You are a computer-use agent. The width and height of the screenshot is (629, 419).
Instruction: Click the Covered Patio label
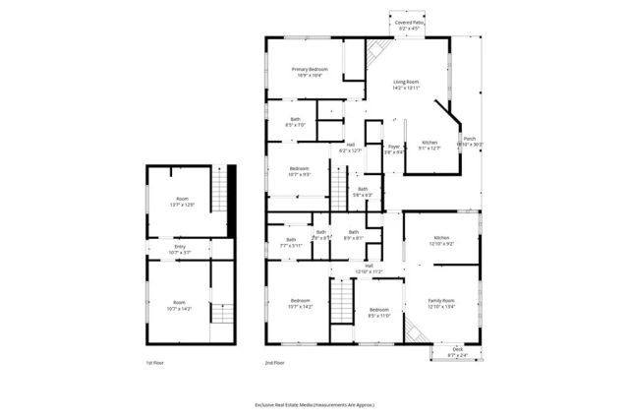(409, 25)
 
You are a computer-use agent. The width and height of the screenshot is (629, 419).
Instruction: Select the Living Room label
(406, 84)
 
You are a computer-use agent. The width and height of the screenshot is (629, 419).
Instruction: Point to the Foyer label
(393, 150)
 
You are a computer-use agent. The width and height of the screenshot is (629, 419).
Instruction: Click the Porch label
(470, 141)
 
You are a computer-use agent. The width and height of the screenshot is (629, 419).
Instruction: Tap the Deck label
(457, 352)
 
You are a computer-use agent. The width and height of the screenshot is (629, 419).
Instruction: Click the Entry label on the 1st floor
(180, 250)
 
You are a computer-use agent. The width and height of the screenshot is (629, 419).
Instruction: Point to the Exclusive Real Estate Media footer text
(314, 404)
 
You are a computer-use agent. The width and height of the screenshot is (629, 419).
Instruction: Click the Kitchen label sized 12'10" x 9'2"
(440, 241)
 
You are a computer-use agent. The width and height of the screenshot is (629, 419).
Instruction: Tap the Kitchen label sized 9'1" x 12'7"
(430, 145)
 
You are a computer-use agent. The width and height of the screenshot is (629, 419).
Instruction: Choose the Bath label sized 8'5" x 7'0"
(295, 122)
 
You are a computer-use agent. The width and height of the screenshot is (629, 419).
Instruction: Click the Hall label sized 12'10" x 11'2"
(369, 268)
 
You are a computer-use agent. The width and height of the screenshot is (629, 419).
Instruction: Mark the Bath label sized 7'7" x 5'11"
(291, 242)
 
